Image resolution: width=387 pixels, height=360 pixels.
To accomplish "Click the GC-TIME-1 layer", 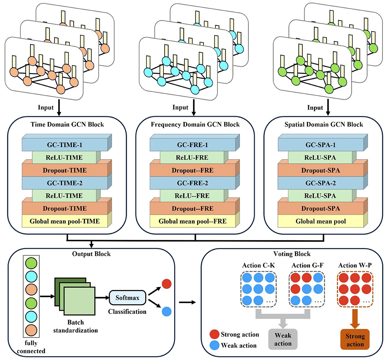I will click(65, 145).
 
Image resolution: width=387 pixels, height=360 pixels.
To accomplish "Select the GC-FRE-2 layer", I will click(192, 183).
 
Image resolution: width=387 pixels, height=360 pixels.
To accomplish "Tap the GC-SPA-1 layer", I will click(320, 145).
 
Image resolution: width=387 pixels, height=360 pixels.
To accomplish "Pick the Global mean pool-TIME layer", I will click(65, 221).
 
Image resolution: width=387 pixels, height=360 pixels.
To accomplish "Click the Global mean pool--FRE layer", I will click(192, 221).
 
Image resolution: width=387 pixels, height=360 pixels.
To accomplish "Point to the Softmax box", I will click(127, 298).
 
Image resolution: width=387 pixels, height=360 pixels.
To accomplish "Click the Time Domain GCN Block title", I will click(67, 124).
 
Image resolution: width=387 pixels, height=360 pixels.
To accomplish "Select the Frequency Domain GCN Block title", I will click(195, 124).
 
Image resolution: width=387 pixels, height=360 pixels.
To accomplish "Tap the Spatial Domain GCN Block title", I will click(324, 124).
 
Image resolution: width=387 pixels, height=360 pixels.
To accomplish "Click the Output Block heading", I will click(91, 254).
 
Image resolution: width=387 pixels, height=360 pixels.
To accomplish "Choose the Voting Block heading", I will click(292, 254).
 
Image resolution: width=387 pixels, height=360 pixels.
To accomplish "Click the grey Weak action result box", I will click(283, 340).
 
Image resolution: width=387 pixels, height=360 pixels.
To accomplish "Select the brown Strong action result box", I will click(355, 340).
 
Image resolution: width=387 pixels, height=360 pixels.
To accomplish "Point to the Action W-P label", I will click(355, 265).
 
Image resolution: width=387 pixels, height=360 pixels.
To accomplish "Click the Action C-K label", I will click(258, 265).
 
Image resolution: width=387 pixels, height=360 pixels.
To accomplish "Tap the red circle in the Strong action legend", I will click(215, 334).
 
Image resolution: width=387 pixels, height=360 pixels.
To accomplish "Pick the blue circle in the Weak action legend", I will click(215, 345).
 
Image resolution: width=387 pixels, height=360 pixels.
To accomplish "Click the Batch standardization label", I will click(75, 326).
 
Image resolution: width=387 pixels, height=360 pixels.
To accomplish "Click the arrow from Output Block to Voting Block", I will click(187, 302).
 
